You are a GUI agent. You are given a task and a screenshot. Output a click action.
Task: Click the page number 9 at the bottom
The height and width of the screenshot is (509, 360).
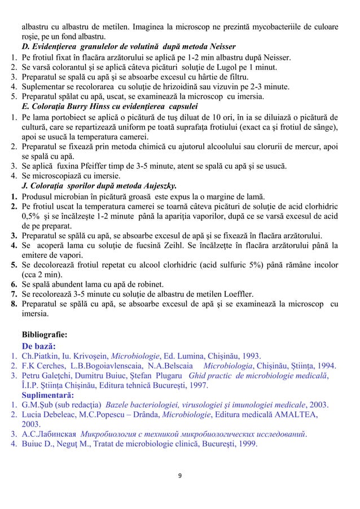pyautogui.click(x=180, y=475)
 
